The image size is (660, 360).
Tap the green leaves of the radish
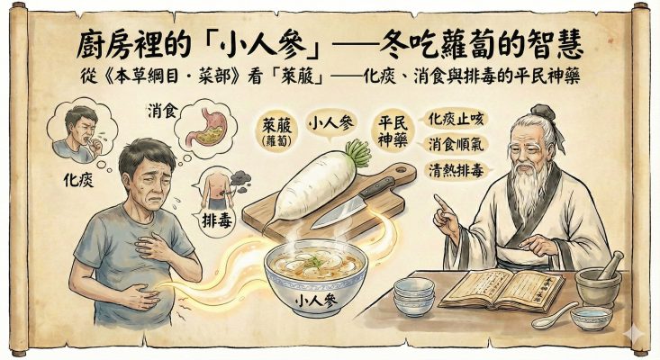click(x=357, y=154)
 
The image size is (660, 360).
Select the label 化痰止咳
click(x=456, y=120)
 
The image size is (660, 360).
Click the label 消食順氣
click(x=456, y=145)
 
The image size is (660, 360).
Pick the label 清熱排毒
click(x=456, y=170)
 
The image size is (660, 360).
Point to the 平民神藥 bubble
click(x=393, y=130)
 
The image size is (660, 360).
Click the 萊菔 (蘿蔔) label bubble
click(x=276, y=131)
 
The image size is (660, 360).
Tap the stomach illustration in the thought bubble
click(x=209, y=126)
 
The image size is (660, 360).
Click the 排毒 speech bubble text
click(x=217, y=220)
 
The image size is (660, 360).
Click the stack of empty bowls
click(x=414, y=296)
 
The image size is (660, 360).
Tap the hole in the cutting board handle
click(x=400, y=170)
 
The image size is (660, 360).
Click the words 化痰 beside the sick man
click(x=78, y=180)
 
